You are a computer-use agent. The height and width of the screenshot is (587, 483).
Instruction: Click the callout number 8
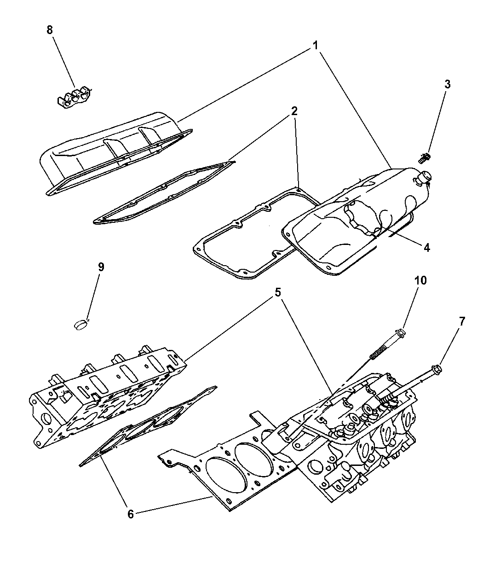click(x=50, y=30)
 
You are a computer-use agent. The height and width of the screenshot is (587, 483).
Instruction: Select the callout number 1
click(x=316, y=45)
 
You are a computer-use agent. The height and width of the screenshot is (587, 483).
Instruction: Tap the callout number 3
click(x=447, y=84)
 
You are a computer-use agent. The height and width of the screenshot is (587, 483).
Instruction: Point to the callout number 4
click(x=426, y=247)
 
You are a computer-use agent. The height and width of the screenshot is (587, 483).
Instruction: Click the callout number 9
click(x=101, y=267)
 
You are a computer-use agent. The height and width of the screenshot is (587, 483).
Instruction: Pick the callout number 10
click(x=421, y=280)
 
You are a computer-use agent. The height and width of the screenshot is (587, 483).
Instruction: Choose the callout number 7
click(x=462, y=321)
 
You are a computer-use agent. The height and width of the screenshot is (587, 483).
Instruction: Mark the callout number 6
click(x=131, y=514)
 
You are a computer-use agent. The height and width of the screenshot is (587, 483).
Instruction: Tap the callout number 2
click(x=294, y=111)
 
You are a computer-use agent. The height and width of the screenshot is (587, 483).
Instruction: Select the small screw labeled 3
click(x=425, y=158)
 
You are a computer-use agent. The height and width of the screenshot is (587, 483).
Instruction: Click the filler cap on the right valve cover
click(x=424, y=177)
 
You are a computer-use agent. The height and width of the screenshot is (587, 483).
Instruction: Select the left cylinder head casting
click(x=106, y=396)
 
